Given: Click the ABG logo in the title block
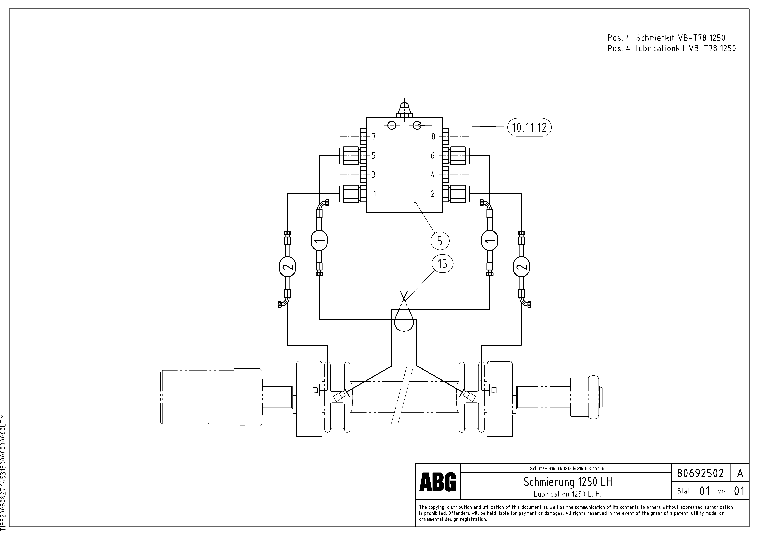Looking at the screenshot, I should coord(437,482).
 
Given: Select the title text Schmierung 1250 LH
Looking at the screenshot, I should coord(568,482).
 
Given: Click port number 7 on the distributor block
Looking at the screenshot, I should coord(374,136).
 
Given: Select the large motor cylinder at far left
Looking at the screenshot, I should coord(211,397).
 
